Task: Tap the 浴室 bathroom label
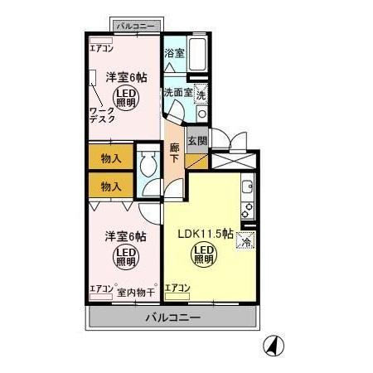click(x=173, y=53)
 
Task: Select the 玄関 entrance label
click(x=196, y=141)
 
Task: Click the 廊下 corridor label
click(x=175, y=153)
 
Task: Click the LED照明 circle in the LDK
click(x=204, y=254)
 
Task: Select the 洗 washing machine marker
click(x=202, y=94)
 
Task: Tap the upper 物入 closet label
click(x=111, y=157)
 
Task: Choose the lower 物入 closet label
click(x=111, y=187)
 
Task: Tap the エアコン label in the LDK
click(x=177, y=288)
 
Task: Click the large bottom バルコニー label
click(x=174, y=317)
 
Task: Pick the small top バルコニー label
click(x=134, y=26)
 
